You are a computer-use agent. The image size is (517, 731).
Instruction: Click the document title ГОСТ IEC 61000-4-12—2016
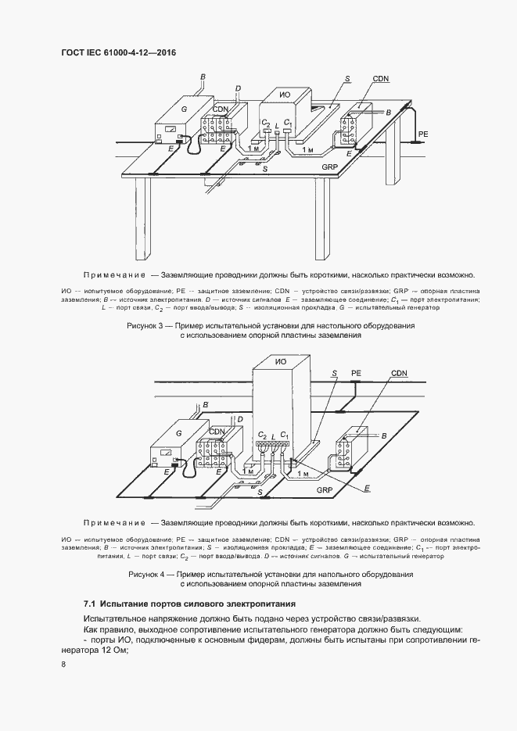(x=118, y=52)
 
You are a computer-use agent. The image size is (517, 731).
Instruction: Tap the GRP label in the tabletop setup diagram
(x=329, y=167)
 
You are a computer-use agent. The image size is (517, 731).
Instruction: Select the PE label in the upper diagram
(x=423, y=134)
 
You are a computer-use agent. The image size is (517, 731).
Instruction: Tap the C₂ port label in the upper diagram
(x=267, y=124)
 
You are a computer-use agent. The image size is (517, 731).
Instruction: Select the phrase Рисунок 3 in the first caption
(x=145, y=324)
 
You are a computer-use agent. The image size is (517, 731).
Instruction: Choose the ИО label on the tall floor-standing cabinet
(x=280, y=360)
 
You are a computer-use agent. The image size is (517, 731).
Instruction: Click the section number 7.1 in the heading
(x=89, y=604)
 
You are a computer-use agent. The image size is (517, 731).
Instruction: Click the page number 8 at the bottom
(x=63, y=665)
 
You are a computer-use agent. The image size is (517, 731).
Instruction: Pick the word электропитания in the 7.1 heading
(x=255, y=604)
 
